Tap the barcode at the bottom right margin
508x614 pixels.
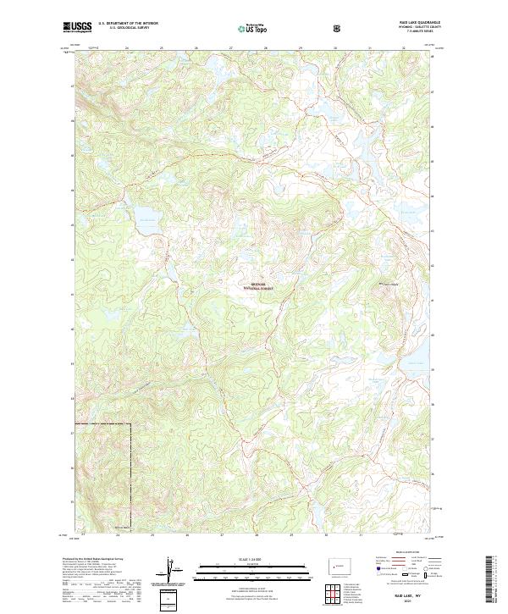point(492,579)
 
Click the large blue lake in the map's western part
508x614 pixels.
point(148,223)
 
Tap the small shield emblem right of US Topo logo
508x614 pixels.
point(290,28)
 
